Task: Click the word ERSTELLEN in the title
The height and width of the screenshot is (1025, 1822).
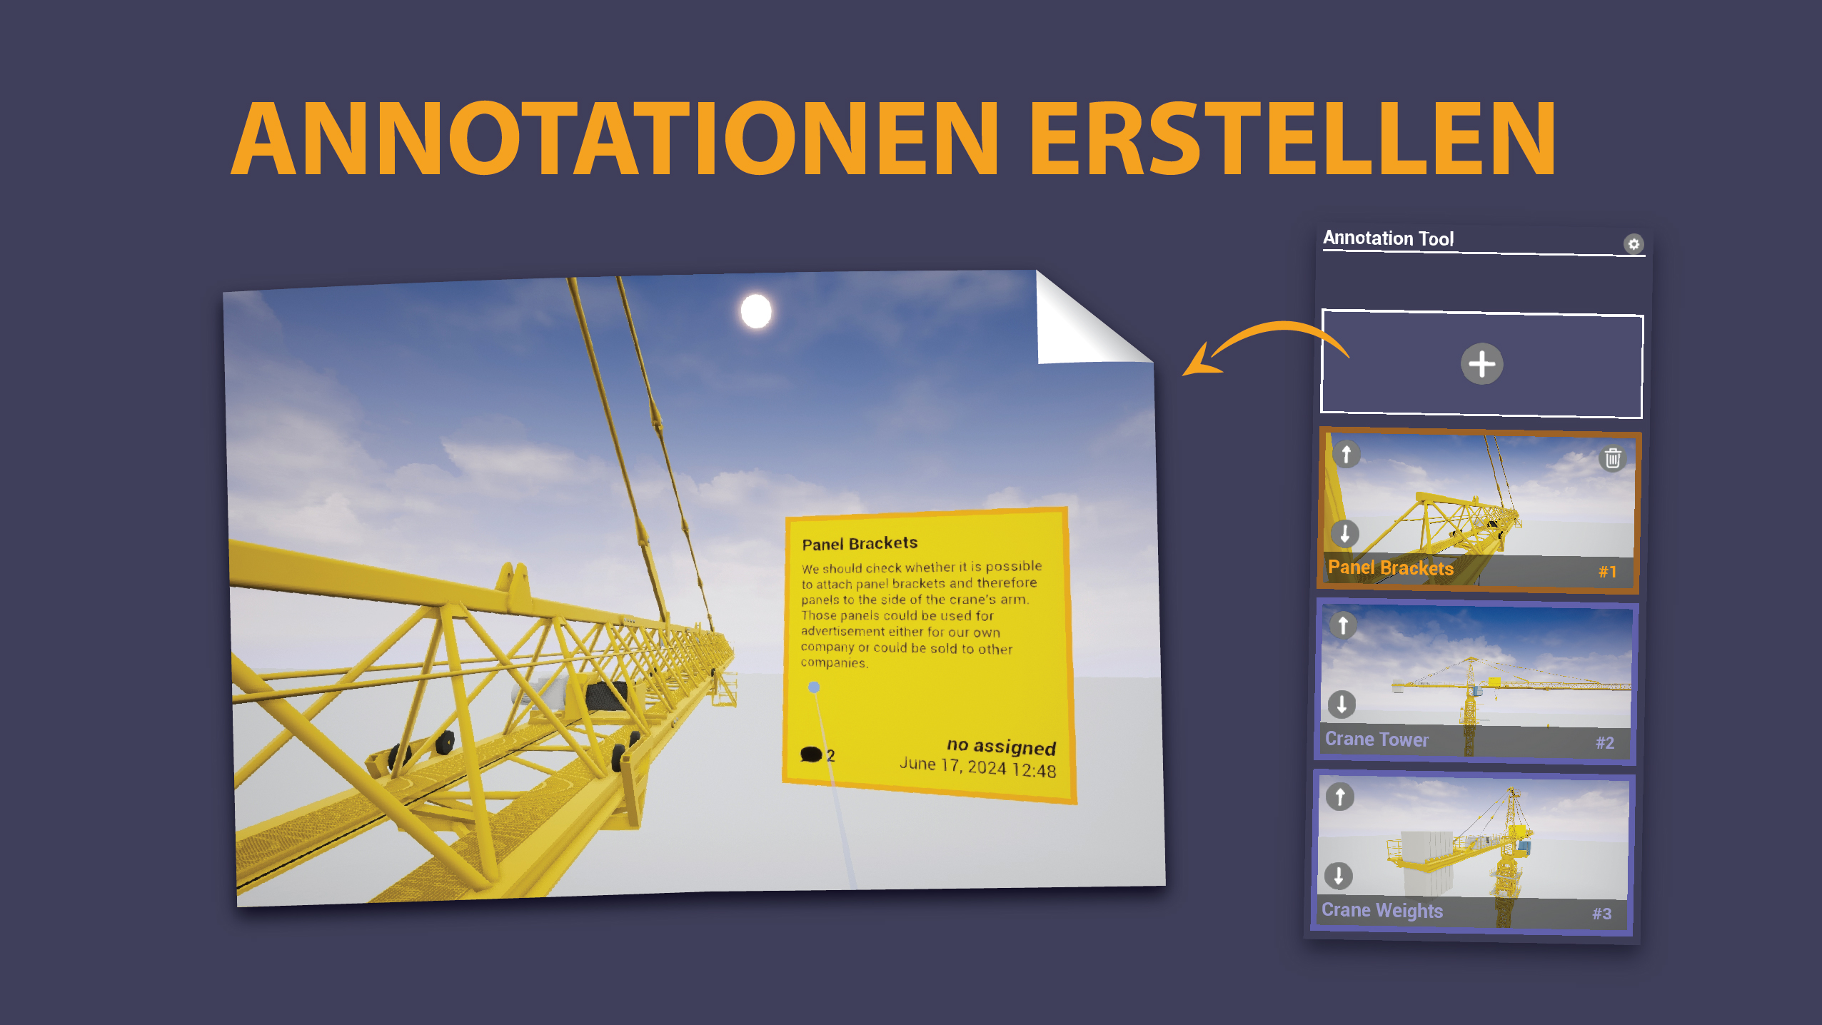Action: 1292,138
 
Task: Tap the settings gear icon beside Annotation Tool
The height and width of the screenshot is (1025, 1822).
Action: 1634,244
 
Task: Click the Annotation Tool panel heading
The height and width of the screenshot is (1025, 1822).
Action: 1388,238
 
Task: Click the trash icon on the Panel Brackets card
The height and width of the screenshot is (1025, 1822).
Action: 1613,458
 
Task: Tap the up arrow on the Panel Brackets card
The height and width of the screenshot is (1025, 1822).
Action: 1347,454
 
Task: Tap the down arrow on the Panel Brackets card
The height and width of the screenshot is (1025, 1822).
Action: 1345,533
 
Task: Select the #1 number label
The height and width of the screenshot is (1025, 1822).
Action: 1607,572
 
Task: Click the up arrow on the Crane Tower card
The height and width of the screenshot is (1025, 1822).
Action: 1343,625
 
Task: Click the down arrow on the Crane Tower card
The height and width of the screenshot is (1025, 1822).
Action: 1342,705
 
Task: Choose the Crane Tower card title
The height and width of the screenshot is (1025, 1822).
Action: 1376,739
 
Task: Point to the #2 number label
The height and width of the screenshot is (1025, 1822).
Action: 1605,743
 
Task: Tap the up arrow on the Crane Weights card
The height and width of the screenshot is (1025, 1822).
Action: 1340,797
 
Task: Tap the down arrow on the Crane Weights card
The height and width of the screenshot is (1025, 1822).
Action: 1339,876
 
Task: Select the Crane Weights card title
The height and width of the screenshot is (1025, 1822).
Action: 1382,911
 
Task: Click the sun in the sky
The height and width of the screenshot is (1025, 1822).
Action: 756,311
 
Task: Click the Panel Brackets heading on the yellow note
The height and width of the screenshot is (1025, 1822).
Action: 860,543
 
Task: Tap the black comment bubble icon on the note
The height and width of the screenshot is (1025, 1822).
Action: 811,754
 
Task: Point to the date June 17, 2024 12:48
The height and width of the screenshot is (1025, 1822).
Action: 977,767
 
